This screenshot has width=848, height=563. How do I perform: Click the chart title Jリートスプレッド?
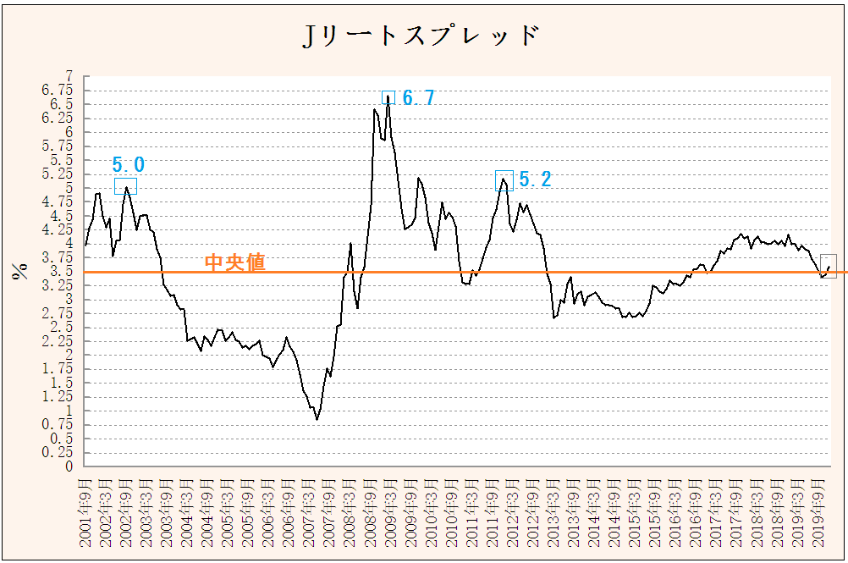point(421,36)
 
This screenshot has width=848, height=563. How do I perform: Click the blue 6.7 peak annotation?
point(418,98)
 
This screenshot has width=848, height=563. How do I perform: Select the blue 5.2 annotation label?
point(534,179)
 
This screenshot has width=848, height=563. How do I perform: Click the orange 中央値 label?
point(235,263)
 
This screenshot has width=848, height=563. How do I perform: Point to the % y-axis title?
point(18,270)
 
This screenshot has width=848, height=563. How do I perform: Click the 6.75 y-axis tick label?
point(58,90)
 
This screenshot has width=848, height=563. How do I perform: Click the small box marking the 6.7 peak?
point(388,97)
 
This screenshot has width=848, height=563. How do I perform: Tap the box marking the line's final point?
point(829,266)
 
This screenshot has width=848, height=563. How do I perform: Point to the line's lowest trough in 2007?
point(317,419)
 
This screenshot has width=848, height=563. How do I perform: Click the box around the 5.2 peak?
point(504,180)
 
